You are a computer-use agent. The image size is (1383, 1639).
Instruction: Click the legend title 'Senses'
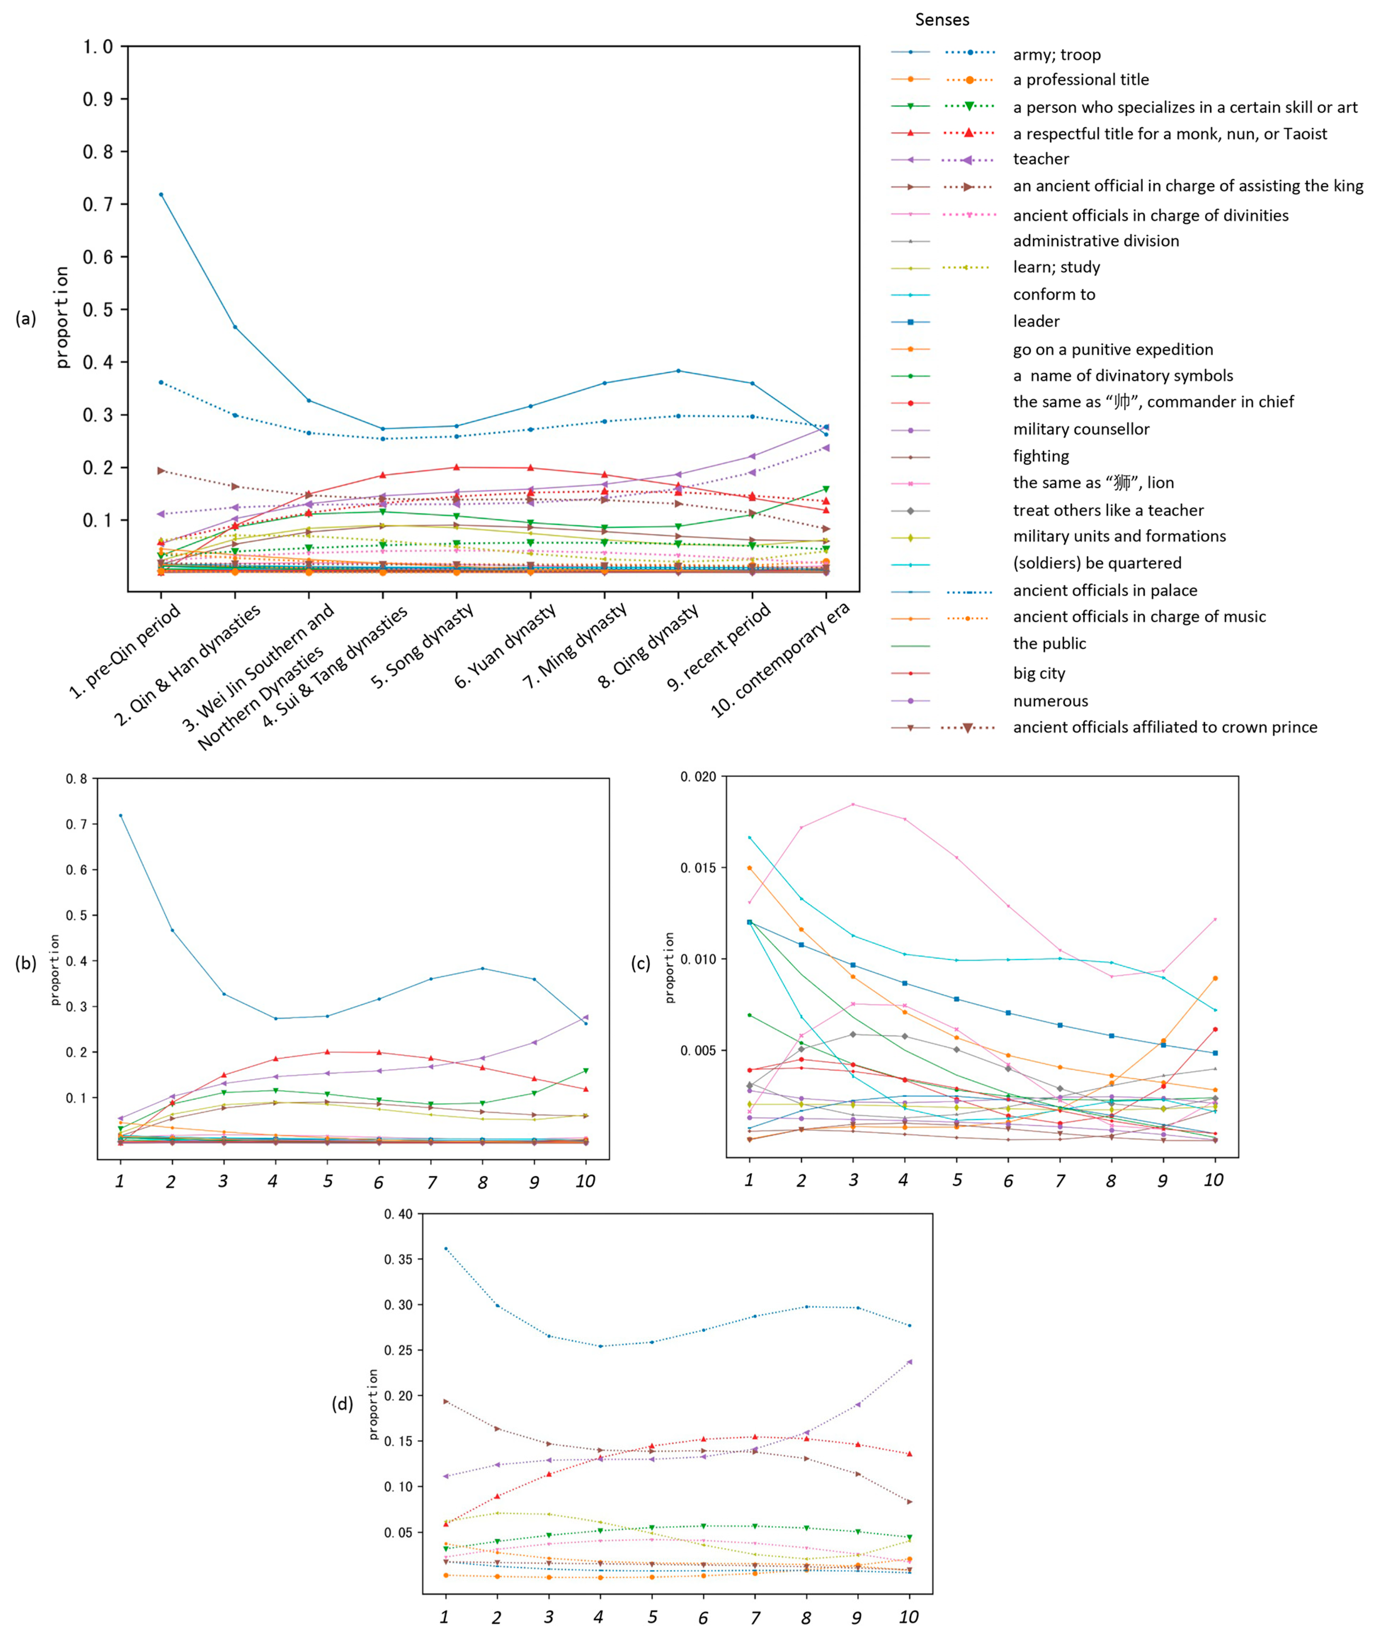point(942,19)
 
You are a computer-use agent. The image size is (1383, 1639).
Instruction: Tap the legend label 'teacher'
point(1040,159)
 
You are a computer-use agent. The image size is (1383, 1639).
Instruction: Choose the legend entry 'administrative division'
point(1095,241)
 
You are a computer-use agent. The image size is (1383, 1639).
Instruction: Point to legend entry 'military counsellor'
point(1080,429)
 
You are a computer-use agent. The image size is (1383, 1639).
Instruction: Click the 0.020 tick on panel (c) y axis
point(698,777)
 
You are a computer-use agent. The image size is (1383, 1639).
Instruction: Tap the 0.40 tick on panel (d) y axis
point(398,1214)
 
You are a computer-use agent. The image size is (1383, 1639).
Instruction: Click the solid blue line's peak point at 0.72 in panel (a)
point(161,194)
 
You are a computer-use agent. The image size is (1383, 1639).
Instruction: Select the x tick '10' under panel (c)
point(1213,1180)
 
